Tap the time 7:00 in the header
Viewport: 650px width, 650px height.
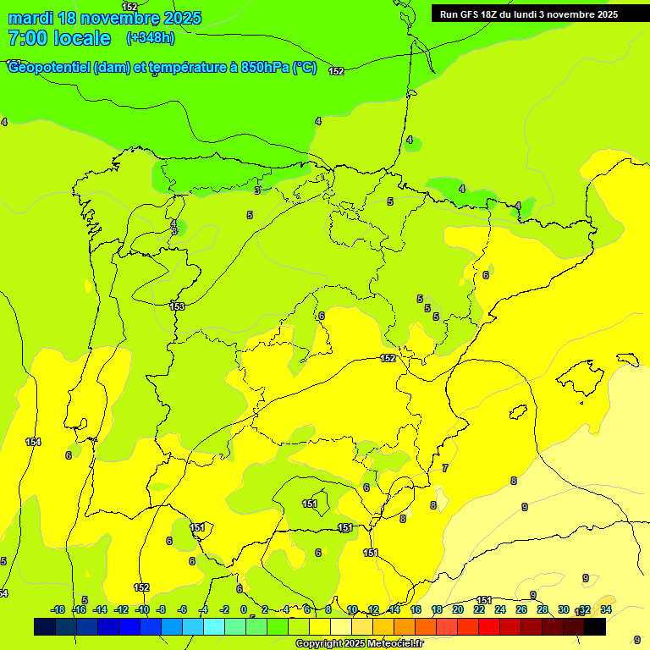click(x=28, y=38)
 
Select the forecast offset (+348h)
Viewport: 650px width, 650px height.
click(x=151, y=38)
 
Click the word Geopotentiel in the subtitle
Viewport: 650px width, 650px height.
click(x=48, y=68)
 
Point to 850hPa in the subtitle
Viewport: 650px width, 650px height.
click(x=266, y=68)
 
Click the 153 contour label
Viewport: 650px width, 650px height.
click(x=177, y=306)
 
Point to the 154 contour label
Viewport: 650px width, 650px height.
click(x=33, y=442)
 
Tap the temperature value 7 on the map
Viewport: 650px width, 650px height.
click(x=445, y=468)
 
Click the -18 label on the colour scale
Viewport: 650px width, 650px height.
click(x=58, y=609)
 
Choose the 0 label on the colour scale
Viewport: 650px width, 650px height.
click(x=244, y=609)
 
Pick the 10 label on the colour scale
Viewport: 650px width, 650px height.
click(x=352, y=609)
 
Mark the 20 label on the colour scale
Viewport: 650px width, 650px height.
click(x=458, y=609)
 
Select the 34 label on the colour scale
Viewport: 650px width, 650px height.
click(x=606, y=609)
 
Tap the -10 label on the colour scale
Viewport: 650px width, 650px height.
click(x=142, y=609)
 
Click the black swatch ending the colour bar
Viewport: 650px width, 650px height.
click(x=595, y=627)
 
